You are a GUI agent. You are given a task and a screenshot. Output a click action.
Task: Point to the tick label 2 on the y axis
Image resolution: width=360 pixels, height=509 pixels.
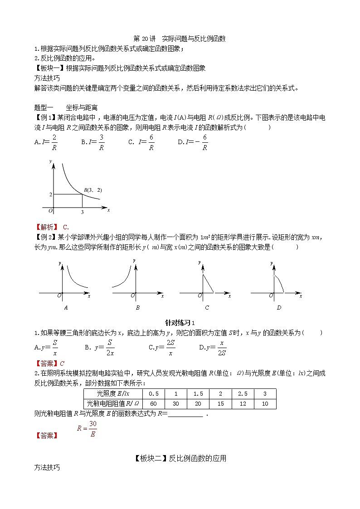click(x=50, y=194)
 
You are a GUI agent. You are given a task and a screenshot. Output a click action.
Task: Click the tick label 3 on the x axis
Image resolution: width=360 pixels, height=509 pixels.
click(x=82, y=212)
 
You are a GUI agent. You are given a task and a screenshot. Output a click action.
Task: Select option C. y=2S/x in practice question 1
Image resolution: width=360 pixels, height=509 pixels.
click(x=162, y=348)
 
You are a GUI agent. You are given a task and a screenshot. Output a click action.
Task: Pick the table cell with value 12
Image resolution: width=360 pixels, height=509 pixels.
click(x=243, y=404)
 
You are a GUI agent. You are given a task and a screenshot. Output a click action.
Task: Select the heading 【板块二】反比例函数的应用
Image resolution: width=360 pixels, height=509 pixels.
click(x=180, y=459)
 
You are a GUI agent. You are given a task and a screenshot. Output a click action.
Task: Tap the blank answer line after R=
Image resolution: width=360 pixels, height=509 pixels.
click(x=186, y=414)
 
